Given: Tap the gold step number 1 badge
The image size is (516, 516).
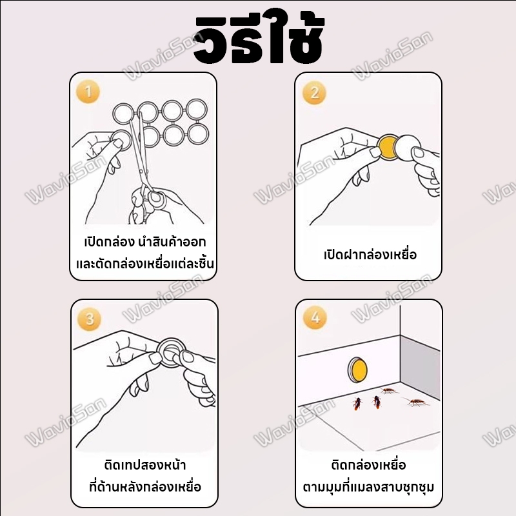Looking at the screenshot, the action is pyautogui.click(x=88, y=92).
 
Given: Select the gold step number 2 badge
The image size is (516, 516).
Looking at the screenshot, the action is pyautogui.click(x=314, y=92).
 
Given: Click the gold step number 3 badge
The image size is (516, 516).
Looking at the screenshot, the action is pyautogui.click(x=89, y=319).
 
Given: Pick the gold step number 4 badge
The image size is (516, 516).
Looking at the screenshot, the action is pyautogui.click(x=315, y=318).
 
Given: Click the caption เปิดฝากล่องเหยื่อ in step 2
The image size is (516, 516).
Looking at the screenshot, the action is pyautogui.click(x=370, y=255).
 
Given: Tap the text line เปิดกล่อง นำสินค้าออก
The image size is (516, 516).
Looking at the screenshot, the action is pyautogui.click(x=144, y=243).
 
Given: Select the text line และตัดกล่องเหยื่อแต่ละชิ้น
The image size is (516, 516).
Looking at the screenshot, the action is pyautogui.click(x=144, y=264).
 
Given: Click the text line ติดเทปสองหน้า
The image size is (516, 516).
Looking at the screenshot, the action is pyautogui.click(x=144, y=465).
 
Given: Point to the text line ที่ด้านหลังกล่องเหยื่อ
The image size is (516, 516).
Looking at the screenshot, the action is pyautogui.click(x=144, y=487).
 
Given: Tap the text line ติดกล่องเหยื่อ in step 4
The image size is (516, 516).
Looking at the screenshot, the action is pyautogui.click(x=368, y=465).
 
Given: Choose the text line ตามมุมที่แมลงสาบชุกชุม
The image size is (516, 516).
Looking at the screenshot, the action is pyautogui.click(x=368, y=487).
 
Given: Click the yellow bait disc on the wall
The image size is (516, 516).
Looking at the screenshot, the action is pyautogui.click(x=357, y=370).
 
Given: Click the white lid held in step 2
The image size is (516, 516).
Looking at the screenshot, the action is pyautogui.click(x=408, y=148).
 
